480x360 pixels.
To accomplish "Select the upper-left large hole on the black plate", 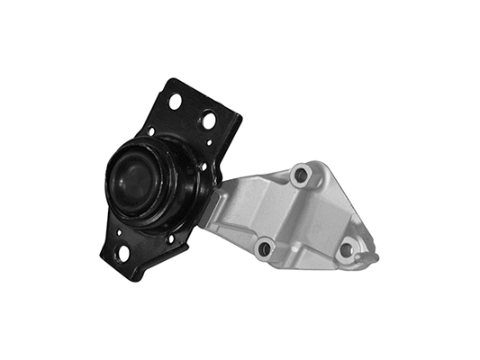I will coord(175,101).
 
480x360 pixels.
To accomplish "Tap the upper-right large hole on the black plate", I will coord(209,119).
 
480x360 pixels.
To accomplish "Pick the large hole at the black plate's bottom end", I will coord(122,254).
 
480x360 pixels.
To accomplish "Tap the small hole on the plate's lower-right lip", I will coord(171,238).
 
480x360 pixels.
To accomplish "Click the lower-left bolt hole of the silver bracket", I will coord(264,247).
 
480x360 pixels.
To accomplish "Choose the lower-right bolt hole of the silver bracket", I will coord(347,250).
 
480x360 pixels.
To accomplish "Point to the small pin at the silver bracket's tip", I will coord(371,258).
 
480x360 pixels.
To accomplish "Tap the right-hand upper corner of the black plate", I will coord(241,117).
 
